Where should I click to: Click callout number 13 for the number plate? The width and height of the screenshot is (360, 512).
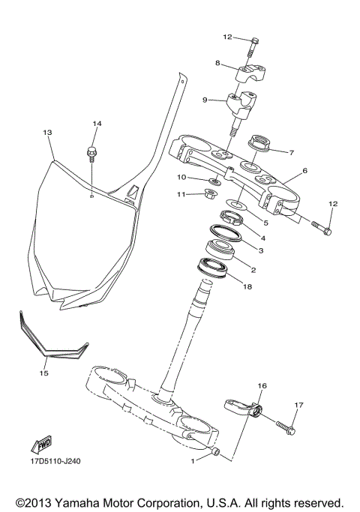[47, 133]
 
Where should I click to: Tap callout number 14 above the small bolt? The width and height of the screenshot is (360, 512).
[96, 124]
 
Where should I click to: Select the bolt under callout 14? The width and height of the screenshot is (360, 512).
[92, 153]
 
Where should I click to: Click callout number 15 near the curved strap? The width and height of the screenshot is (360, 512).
[43, 371]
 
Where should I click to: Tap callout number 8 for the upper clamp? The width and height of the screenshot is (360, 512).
[217, 64]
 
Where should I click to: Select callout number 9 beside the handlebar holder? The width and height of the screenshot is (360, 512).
[204, 99]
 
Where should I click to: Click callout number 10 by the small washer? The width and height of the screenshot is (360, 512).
[181, 178]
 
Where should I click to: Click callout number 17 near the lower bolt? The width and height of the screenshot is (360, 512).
[298, 406]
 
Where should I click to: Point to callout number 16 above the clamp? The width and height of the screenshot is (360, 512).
[262, 386]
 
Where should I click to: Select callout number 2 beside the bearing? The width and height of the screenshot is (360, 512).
[253, 270]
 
